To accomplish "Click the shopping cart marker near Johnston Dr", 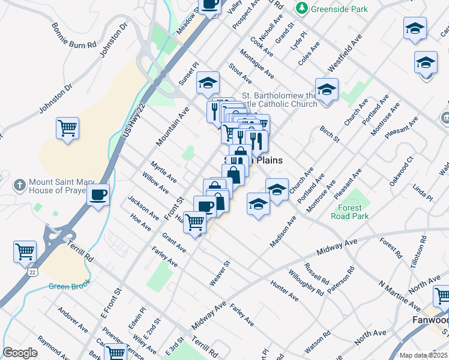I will (x=67, y=128).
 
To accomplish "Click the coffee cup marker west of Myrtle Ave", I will (x=98, y=195).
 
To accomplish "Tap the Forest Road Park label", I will (x=349, y=214).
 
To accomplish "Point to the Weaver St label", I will (x=220, y=273).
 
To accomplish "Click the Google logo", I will (x=20, y=353).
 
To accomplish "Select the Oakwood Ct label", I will (x=402, y=170).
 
